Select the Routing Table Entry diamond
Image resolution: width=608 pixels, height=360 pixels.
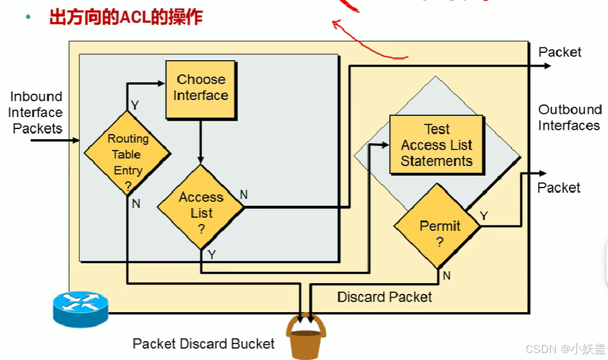coord(127,154)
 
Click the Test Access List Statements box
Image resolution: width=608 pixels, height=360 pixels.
coord(436,145)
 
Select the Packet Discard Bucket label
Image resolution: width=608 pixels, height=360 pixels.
coord(203,344)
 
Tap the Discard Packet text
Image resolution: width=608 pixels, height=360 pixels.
coord(385,296)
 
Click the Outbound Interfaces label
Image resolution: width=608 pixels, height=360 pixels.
coord(569,118)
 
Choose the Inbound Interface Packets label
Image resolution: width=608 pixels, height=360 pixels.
coord(36,112)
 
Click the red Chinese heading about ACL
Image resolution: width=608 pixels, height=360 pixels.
coord(126,17)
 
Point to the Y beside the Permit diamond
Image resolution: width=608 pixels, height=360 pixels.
coord(483,216)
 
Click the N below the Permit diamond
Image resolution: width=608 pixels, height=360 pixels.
coord(446,275)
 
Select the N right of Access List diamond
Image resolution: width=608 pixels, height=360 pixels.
coord(244,194)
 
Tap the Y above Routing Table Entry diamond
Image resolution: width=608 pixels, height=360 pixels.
coord(134,105)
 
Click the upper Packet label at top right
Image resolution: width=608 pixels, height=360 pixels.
coord(560,52)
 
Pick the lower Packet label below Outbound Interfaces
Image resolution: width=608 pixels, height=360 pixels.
coord(559,188)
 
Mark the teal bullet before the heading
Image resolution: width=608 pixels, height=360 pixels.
coord(28,16)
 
